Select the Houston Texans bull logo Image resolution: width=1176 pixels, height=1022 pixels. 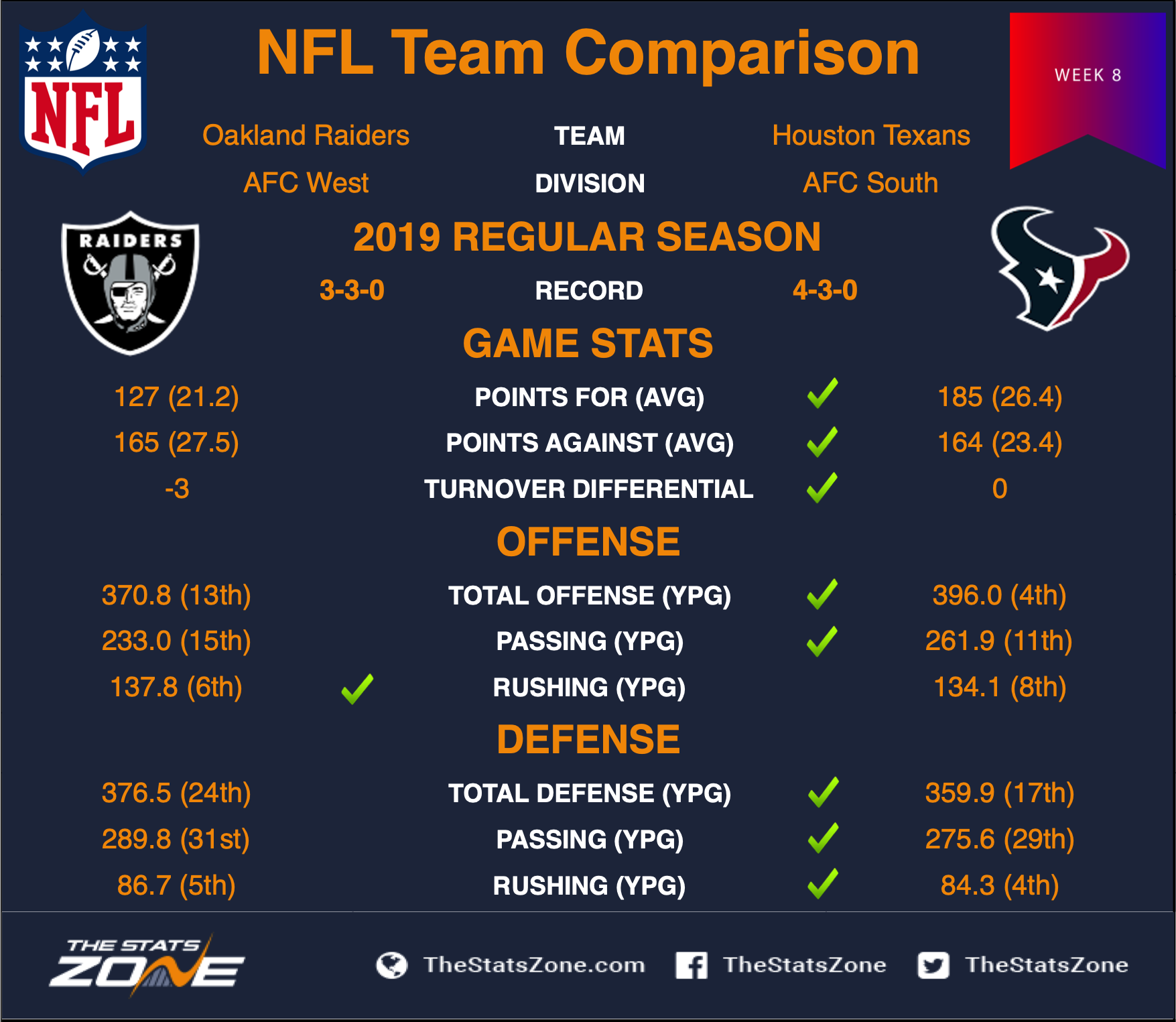pos(1059,269)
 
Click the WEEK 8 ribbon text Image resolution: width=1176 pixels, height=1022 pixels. pos(1088,75)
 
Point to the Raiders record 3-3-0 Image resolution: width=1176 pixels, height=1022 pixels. pos(352,290)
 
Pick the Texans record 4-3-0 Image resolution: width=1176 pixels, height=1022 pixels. pos(825,290)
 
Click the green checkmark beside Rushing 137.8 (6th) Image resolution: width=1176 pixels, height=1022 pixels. pos(357,689)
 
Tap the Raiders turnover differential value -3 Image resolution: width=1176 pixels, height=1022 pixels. pos(177,489)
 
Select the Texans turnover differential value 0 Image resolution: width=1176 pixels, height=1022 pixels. pos(1000,489)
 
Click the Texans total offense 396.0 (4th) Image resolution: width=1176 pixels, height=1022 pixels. pos(999,595)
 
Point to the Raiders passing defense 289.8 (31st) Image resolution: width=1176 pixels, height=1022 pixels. pos(176,839)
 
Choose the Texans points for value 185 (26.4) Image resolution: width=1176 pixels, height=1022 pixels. pos(1000,397)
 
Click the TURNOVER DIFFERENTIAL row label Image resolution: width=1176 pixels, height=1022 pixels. pos(589,489)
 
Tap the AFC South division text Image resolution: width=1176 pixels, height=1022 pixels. pos(870,183)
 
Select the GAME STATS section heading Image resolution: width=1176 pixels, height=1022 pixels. pos(588,343)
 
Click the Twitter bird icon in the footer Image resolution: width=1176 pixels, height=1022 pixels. pos(933,965)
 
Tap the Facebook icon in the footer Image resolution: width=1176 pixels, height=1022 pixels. pos(692,965)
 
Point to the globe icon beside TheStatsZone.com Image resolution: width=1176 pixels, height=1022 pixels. pos(392,965)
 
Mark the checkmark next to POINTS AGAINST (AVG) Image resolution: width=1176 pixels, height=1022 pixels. pos(823,442)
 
